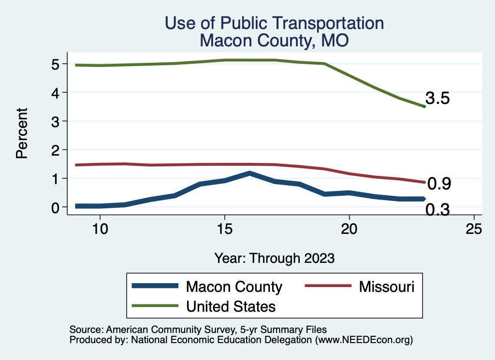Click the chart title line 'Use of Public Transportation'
(274, 23)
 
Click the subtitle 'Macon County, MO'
(274, 41)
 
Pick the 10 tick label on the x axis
(100, 229)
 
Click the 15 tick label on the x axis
(224, 229)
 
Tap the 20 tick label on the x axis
(349, 229)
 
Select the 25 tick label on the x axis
(474, 229)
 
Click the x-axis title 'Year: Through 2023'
(274, 258)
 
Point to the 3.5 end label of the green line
(438, 99)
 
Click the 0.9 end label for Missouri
(439, 184)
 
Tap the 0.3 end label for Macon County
(437, 210)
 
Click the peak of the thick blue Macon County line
(249, 173)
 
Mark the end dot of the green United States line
(424, 106)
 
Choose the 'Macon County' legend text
(234, 287)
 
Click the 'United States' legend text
(231, 306)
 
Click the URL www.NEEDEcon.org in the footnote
(364, 340)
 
